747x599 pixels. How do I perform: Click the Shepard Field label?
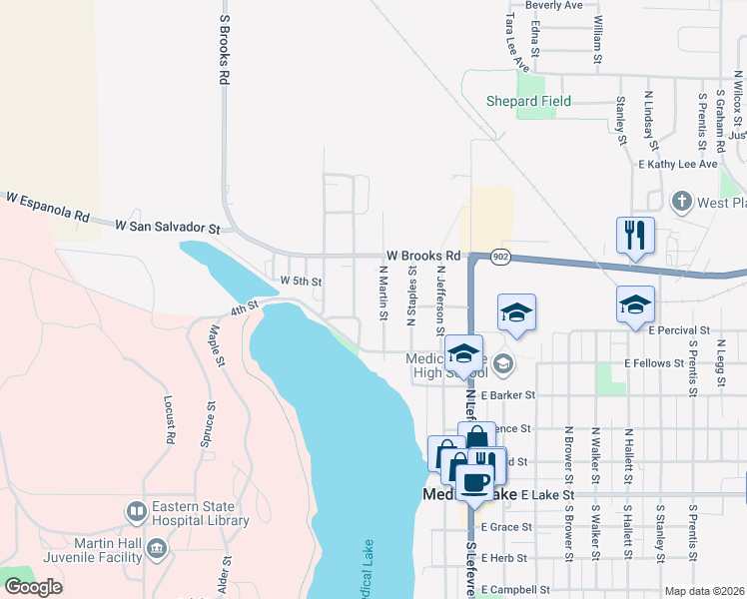click(528, 101)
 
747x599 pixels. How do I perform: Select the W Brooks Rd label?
click(423, 256)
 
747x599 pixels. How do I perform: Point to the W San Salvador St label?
click(167, 228)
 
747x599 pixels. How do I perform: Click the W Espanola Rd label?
click(47, 207)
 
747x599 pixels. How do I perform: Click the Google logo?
click(33, 586)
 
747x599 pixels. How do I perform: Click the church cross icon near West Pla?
click(682, 202)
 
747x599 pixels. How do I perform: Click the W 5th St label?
click(301, 282)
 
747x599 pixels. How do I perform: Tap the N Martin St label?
click(383, 293)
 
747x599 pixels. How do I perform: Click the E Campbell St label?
click(516, 590)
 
